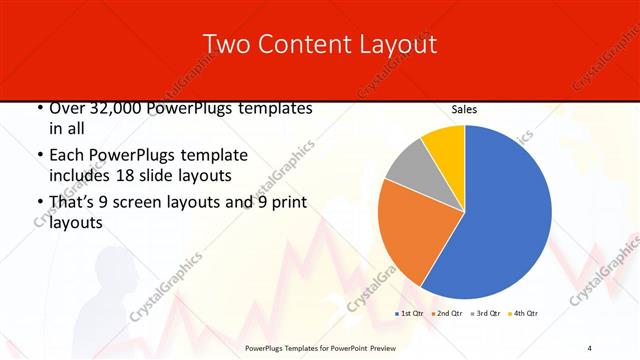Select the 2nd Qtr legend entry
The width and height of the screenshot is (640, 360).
[445, 314]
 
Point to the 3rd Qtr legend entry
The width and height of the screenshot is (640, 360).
[484, 314]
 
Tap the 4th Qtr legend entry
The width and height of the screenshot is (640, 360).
[523, 314]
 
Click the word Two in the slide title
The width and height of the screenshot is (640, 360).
[226, 45]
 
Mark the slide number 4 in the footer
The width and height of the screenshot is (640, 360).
[589, 347]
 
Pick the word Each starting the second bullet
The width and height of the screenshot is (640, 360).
[66, 156]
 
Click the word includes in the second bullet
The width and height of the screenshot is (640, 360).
[81, 176]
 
